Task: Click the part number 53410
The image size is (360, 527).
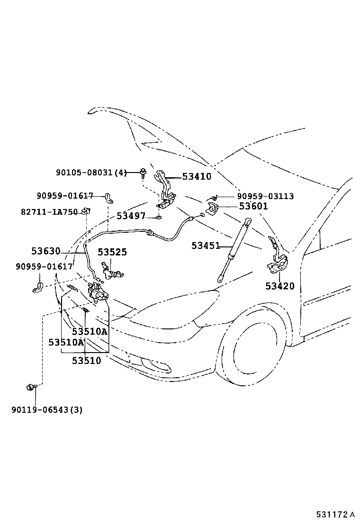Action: pos(197,176)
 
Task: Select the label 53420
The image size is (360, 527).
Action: pos(280,286)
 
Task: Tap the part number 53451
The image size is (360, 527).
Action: pos(206,245)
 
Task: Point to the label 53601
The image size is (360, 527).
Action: pos(253,206)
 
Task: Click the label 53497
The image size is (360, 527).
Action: pos(131,216)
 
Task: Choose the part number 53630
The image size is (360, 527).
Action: pos(46,251)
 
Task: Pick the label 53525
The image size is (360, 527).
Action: pos(112,252)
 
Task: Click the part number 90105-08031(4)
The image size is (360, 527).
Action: pos(91,173)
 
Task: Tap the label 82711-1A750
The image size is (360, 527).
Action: pos(49,212)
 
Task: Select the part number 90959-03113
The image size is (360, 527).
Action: pos(265,196)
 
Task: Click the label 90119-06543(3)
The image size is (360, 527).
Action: pos(47,409)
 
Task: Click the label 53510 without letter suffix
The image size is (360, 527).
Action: pos(86,361)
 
